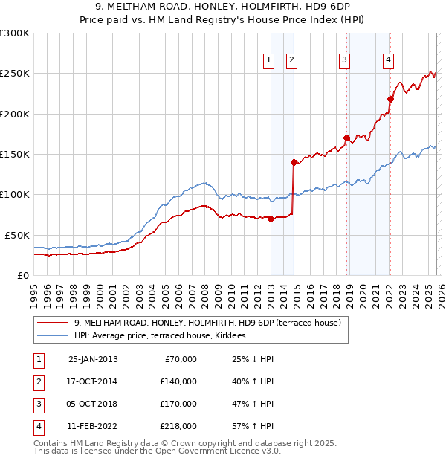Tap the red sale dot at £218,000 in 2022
(390, 99)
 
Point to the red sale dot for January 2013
(271, 219)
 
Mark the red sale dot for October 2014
(294, 162)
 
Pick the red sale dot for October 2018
(346, 138)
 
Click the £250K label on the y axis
(14, 74)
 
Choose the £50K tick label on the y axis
(17, 235)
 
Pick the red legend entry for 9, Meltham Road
(207, 323)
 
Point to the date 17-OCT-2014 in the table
(93, 381)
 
